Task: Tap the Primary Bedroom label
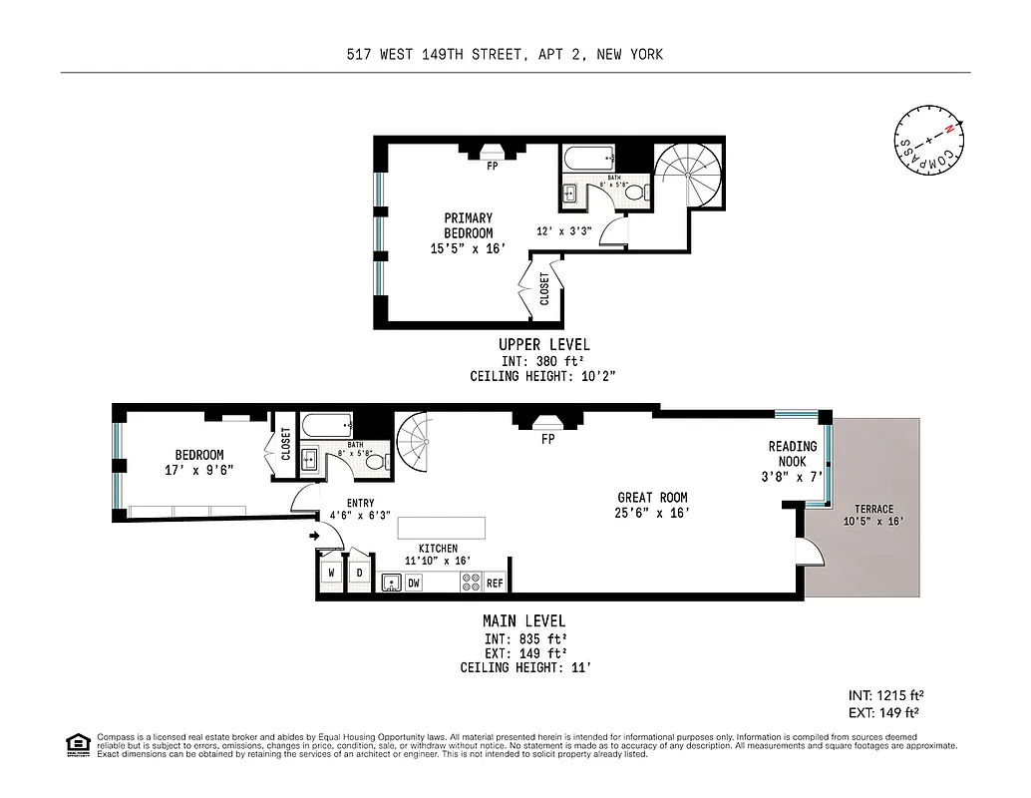click(468, 225)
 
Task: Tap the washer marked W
click(331, 573)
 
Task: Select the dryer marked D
click(359, 573)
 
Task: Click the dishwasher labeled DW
click(414, 582)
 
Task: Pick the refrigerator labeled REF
click(495, 582)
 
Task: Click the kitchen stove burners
click(471, 582)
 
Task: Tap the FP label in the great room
click(547, 439)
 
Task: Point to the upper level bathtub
click(588, 159)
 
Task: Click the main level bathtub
click(326, 426)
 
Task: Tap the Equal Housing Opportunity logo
click(76, 744)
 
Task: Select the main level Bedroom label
click(199, 455)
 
